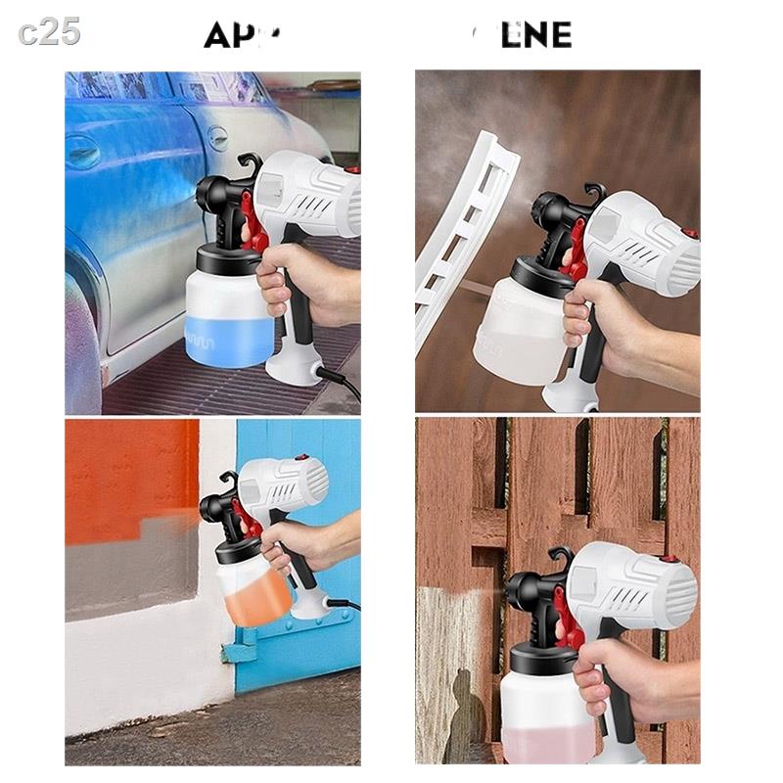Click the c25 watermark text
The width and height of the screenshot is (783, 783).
pos(49,31)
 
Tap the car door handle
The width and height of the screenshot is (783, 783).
pos(83,151)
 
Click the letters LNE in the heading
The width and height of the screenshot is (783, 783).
pos(533,35)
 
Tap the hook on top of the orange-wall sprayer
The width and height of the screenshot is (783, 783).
pos(230,481)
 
